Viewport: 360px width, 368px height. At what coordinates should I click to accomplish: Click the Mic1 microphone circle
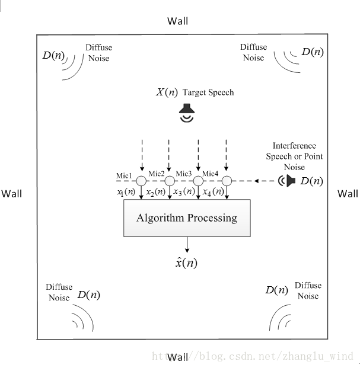pos(141,181)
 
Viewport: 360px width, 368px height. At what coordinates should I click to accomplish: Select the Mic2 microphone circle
pos(170,181)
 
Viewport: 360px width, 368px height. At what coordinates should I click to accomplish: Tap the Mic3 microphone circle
pos(198,181)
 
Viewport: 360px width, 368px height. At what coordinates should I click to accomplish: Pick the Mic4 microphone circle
pos(227,181)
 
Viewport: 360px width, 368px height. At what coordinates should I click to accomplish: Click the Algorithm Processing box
pos(187,218)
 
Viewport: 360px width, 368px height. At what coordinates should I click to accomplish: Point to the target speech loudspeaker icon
pos(187,113)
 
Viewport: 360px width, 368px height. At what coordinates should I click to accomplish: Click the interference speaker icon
pos(286,181)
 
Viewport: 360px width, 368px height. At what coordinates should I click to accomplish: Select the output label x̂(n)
pos(186,263)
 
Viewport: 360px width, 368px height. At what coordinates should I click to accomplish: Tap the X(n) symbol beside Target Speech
pos(167,92)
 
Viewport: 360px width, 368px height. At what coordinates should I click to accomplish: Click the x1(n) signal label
pos(126,192)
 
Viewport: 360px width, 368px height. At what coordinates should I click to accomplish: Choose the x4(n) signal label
pos(214,192)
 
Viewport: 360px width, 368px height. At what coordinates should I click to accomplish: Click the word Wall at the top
pos(177,21)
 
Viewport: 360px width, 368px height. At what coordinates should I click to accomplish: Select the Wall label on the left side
pos(11,194)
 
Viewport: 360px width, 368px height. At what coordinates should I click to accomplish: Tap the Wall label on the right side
pos(348,194)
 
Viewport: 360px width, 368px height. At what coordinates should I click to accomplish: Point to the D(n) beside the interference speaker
pos(311,181)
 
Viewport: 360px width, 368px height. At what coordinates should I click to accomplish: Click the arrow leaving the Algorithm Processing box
pos(187,245)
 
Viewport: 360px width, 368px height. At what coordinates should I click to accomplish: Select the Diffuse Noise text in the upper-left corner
pos(99,53)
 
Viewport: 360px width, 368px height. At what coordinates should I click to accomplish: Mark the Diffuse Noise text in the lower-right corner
pos(308,290)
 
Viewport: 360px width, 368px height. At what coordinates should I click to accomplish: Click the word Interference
pos(294,146)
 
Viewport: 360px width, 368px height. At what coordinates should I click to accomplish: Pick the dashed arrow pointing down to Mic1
pos(142,155)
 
